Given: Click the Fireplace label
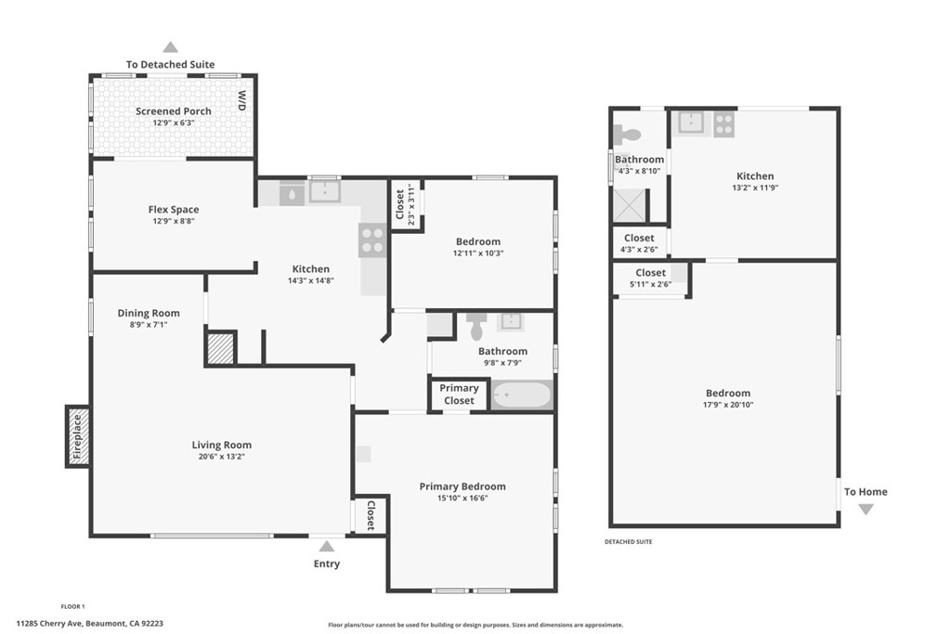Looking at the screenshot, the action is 77,436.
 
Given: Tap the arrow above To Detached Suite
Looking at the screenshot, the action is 171,47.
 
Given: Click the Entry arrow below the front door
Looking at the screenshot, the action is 326,547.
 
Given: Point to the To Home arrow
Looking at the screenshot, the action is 866,510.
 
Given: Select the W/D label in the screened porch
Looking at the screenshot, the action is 242,100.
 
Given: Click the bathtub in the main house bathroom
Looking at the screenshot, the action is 522,395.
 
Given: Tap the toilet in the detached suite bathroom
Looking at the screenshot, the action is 627,134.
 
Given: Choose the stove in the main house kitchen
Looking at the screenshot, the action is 372,240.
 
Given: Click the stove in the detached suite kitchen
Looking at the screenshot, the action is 724,124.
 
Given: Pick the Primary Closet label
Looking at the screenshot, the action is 459,394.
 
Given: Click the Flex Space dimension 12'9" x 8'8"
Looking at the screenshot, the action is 174,221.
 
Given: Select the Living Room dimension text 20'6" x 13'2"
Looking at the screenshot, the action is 221,457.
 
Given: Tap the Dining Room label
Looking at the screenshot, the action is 149,313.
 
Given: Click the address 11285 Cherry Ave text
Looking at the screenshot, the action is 50,623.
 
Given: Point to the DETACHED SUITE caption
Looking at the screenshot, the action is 629,542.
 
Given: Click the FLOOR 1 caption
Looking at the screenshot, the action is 72,606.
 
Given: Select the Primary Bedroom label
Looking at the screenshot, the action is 462,486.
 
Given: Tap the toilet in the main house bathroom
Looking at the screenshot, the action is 476,327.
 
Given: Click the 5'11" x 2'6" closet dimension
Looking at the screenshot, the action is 651,284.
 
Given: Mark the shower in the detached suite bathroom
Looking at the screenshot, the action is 631,206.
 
